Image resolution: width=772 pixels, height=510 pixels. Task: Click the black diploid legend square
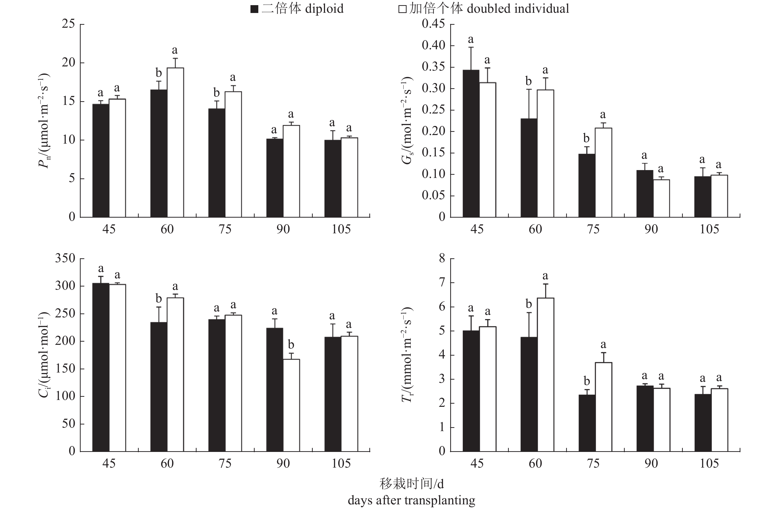pyautogui.click(x=254, y=9)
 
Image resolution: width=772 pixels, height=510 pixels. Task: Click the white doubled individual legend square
pyautogui.click(x=402, y=9)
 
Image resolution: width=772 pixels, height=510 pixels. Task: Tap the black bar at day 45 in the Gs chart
pyautogui.click(x=471, y=143)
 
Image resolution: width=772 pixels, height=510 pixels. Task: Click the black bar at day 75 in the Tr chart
pyautogui.click(x=587, y=423)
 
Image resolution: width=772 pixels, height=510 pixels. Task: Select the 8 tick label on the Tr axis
pyautogui.click(x=442, y=259)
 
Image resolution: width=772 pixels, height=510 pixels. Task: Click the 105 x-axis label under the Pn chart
pyautogui.click(x=341, y=229)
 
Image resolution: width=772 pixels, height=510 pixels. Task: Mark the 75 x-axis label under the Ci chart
pyautogui.click(x=225, y=463)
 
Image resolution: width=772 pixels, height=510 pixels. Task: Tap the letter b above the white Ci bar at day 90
pyautogui.click(x=291, y=344)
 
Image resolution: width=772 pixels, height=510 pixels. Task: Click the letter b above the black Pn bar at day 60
pyautogui.click(x=159, y=73)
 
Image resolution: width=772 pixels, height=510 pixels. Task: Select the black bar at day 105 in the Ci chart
pyautogui.click(x=333, y=394)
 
